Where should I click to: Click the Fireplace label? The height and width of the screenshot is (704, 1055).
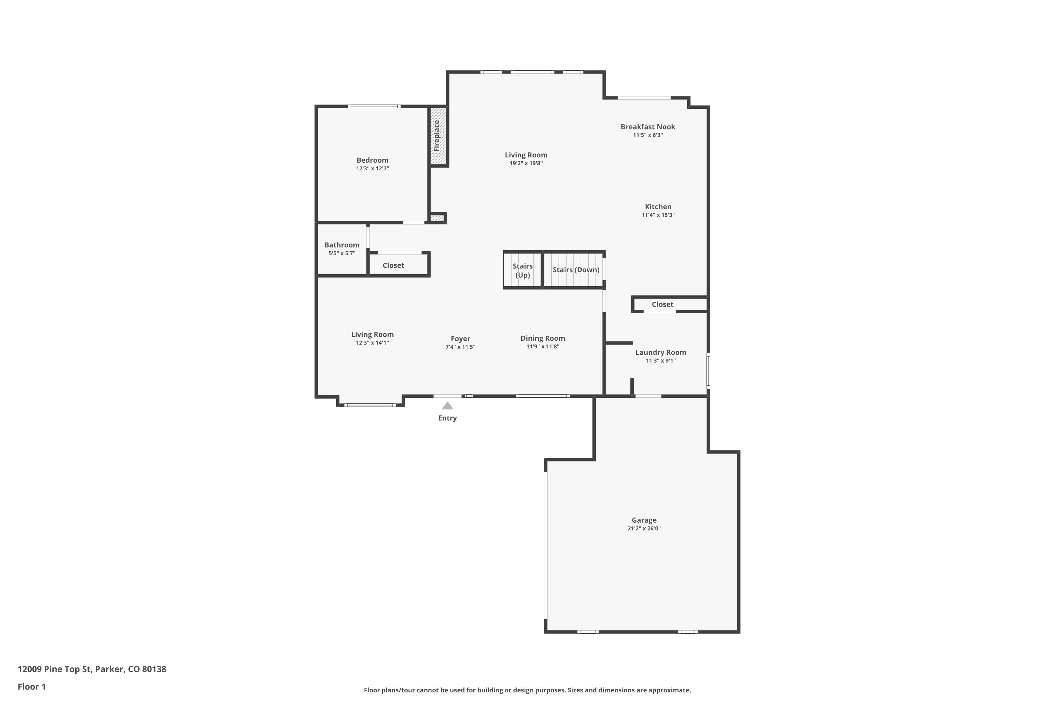tap(436, 136)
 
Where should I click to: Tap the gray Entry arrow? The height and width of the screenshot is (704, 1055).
tap(447, 406)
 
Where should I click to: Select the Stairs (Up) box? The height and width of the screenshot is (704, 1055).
tap(523, 270)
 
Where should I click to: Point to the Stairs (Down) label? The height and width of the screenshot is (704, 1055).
tap(576, 270)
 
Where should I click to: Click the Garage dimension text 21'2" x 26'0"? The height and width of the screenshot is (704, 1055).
tap(644, 528)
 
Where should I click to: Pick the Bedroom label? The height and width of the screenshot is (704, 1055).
tap(372, 160)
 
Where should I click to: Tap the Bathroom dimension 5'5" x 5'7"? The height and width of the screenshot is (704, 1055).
tap(342, 253)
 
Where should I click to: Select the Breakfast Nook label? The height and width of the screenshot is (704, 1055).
tap(648, 127)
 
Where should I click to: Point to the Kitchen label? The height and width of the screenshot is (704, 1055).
tap(658, 207)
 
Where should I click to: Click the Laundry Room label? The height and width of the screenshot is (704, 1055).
tap(661, 352)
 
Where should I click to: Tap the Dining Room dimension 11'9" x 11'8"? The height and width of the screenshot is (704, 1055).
tap(543, 347)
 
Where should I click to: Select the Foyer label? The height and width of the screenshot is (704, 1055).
tap(460, 339)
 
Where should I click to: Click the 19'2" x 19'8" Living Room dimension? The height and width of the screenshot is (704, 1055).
tap(526, 163)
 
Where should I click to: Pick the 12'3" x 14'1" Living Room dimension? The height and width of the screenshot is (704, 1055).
tap(372, 343)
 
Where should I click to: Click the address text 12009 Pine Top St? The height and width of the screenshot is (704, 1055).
tap(55, 670)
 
